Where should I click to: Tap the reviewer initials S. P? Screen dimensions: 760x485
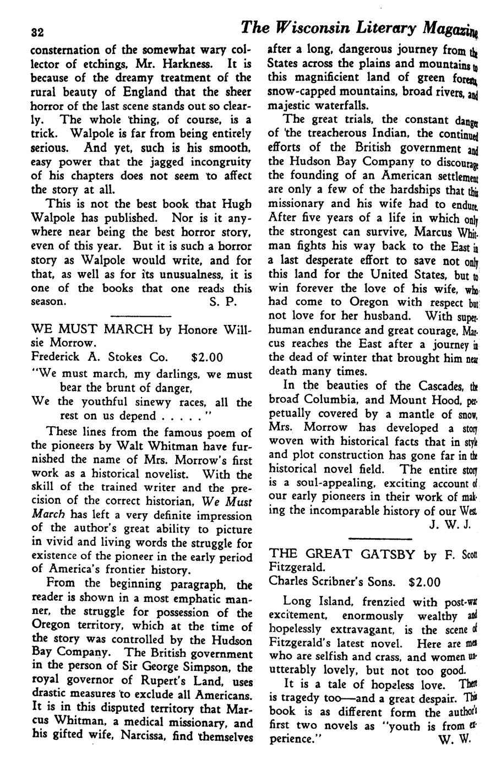223,301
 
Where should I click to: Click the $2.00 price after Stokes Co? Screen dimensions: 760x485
206,357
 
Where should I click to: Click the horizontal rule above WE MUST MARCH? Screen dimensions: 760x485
141,316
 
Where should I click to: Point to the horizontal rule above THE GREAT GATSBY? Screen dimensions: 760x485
380,538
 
